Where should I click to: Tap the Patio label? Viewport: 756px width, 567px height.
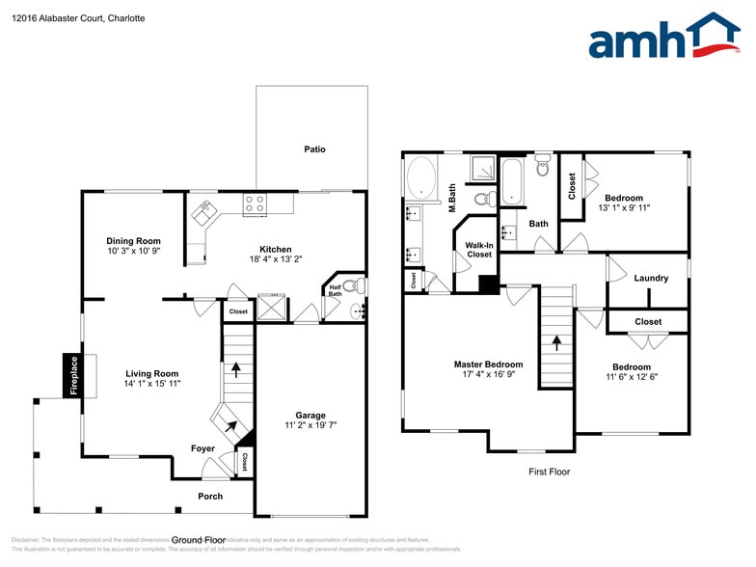click(314, 149)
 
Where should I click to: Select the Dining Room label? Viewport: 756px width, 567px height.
click(134, 241)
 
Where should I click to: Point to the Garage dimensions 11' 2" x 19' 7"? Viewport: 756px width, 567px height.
click(310, 424)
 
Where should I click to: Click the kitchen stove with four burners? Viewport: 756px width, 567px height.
click(256, 203)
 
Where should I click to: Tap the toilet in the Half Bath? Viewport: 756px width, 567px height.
click(360, 285)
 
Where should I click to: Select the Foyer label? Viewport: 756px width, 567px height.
click(202, 448)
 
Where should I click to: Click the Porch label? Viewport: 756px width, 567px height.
click(210, 497)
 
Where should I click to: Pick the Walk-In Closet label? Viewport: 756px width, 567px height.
click(479, 250)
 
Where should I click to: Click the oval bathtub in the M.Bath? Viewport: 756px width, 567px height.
click(420, 178)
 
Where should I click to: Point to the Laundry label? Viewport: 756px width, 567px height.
click(651, 279)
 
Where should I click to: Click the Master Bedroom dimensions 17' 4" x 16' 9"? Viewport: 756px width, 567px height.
click(488, 374)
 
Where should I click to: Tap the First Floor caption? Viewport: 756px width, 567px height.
click(550, 472)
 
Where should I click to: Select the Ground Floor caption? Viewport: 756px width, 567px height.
click(199, 540)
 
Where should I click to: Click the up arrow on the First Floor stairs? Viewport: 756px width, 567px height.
click(555, 340)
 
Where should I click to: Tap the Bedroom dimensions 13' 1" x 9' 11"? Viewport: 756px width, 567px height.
click(625, 208)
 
